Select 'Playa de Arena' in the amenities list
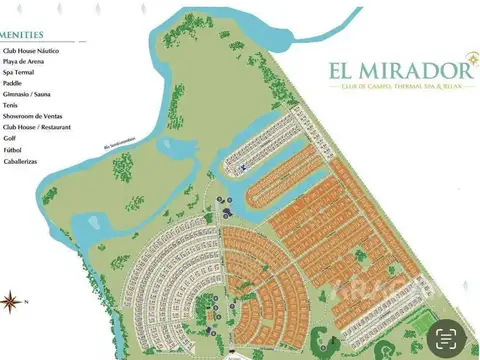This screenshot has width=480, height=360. click(26, 61)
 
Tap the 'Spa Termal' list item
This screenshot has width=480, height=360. click(21, 72)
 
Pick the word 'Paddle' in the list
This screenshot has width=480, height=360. click(16, 83)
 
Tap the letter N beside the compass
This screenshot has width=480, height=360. click(31, 300)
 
